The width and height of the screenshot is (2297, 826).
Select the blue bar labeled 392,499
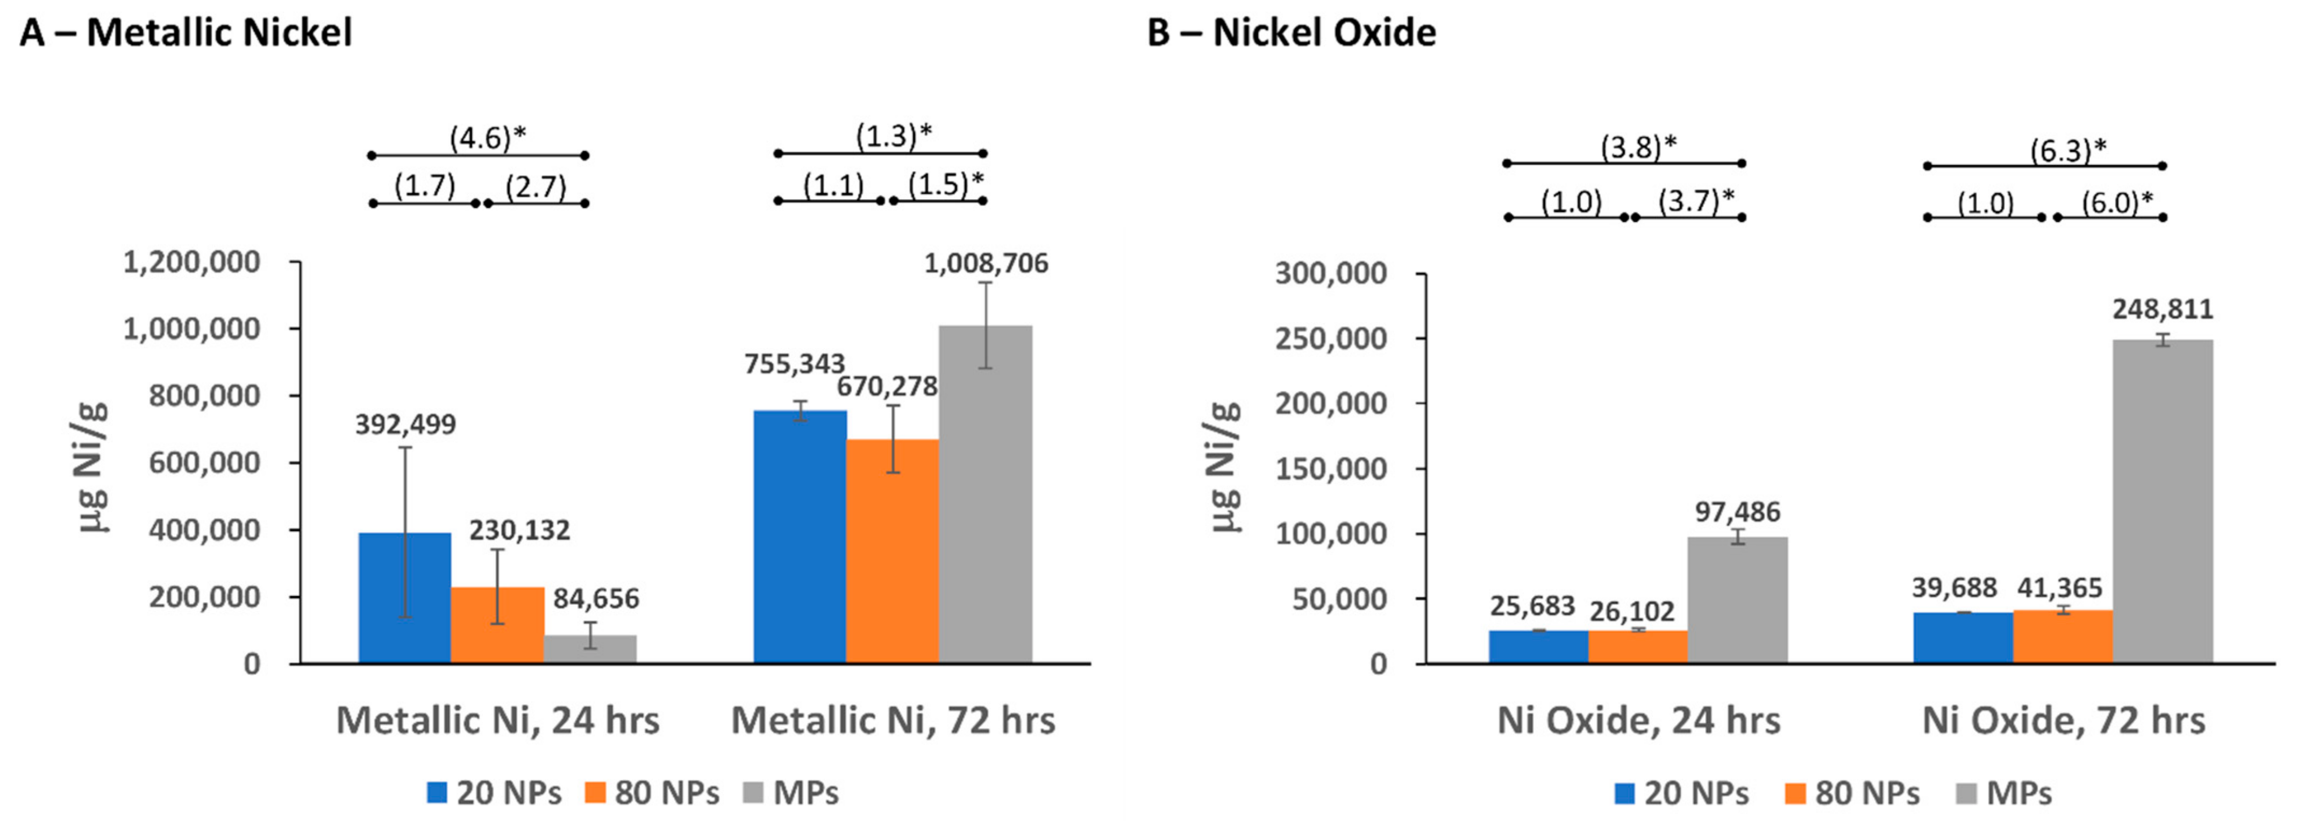[x=405, y=598]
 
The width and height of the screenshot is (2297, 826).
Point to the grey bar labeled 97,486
[x=1738, y=599]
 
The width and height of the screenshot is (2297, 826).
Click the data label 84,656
[x=596, y=598]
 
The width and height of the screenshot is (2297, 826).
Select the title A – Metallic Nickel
[x=186, y=33]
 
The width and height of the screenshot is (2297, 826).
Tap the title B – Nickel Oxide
[x=1291, y=33]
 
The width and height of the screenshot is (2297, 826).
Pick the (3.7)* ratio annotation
[x=1696, y=202]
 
